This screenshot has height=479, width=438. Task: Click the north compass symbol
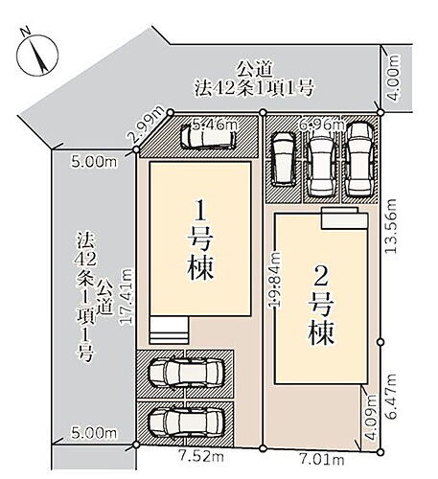point(37,55)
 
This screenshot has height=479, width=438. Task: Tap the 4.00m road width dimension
point(395,78)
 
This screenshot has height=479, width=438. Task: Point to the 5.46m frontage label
point(216,125)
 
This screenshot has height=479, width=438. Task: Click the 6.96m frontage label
point(321,125)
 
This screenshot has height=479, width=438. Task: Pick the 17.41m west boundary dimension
point(126,297)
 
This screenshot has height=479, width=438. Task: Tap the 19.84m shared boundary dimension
point(274,280)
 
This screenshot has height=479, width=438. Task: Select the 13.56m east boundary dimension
point(391,226)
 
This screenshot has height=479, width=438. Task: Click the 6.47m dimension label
point(391,396)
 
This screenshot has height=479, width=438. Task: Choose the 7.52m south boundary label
point(201,457)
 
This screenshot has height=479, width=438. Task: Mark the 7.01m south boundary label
point(322,460)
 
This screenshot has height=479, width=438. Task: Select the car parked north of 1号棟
point(208,136)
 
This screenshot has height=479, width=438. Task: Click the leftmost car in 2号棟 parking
point(284,159)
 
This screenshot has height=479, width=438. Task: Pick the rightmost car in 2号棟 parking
point(360,160)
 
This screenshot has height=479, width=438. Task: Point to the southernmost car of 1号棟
point(185,423)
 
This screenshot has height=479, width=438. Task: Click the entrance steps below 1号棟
point(169,331)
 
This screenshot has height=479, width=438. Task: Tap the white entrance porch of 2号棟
point(344,218)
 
